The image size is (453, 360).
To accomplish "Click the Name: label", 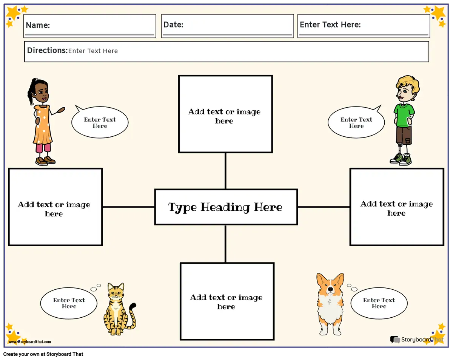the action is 38,25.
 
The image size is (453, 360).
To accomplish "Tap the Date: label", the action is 173,25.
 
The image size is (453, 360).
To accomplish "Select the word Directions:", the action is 47,50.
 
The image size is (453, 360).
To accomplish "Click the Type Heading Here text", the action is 225,207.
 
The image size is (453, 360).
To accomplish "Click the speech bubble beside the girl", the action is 100,122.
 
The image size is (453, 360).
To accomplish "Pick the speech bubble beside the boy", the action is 356,122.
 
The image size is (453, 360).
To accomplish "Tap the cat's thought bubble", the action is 69,303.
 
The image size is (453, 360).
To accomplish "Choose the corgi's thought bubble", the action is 379,303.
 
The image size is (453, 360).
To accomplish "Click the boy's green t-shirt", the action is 404,115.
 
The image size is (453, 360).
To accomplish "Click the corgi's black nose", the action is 330,289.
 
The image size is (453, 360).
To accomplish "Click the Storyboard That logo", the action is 417,340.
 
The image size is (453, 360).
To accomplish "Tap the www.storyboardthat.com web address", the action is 30,341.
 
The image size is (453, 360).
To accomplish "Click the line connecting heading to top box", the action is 225,171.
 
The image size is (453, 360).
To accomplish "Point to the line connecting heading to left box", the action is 128,207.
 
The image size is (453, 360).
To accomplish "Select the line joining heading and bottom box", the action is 225,244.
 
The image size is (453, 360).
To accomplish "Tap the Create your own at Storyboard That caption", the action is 43,354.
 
